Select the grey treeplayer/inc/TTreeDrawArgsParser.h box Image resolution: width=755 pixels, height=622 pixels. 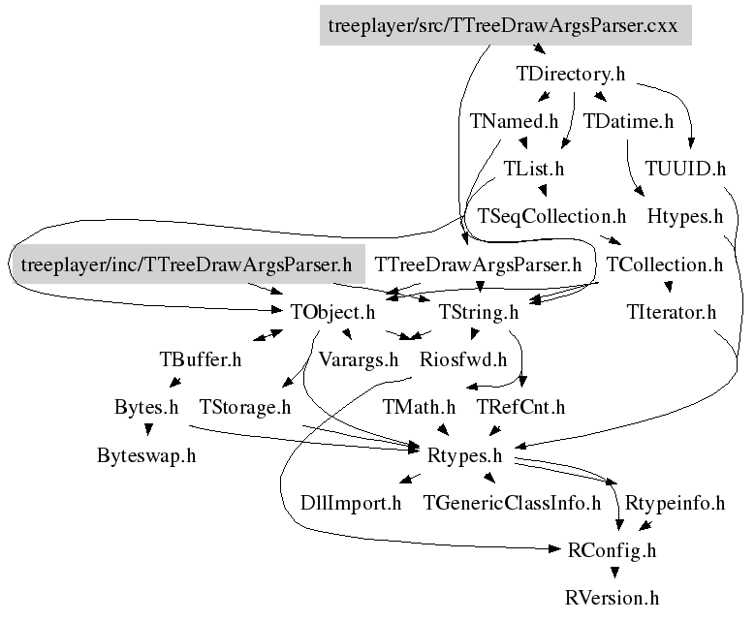pos(186,264)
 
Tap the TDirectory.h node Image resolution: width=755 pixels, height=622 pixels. pos(571,74)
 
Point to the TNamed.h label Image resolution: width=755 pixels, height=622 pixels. pos(514,121)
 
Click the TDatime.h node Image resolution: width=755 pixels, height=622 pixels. pos(628,121)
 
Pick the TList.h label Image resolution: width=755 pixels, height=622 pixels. pos(533,168)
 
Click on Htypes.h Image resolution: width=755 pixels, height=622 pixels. pos(684,215)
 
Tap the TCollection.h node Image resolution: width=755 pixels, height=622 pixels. pos(664,264)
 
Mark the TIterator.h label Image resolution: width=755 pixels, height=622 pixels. pos(672,312)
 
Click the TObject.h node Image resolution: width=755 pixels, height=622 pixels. pos(331,312)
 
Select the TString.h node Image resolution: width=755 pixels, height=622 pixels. pos(479,312)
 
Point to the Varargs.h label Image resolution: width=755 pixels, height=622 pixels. pos(359,359)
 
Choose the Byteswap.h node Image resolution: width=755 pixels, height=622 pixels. pos(146,454)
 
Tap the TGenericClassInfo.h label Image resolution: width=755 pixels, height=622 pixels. pos(512,503)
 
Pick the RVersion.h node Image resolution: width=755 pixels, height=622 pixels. pos(612,598)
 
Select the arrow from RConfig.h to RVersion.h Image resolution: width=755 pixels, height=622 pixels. pos(612,573)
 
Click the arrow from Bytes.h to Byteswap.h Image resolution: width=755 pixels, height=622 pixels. pos(146,429)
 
